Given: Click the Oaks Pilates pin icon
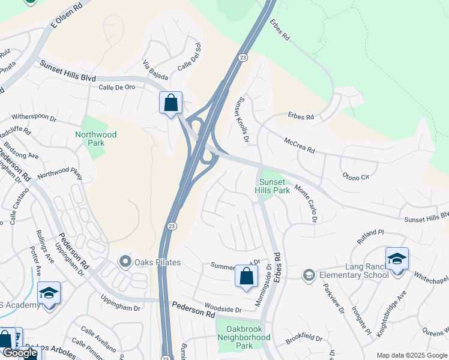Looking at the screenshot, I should [x=125, y=262].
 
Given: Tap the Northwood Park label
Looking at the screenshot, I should [x=96, y=139].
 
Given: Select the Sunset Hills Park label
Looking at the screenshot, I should [x=274, y=186].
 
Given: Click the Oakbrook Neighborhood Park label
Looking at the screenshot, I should [x=244, y=337].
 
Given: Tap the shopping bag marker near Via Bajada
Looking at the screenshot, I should [x=171, y=103].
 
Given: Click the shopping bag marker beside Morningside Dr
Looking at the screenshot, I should [x=246, y=277].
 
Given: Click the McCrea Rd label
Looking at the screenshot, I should [x=300, y=146].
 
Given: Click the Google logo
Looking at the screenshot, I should [x=19, y=353].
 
